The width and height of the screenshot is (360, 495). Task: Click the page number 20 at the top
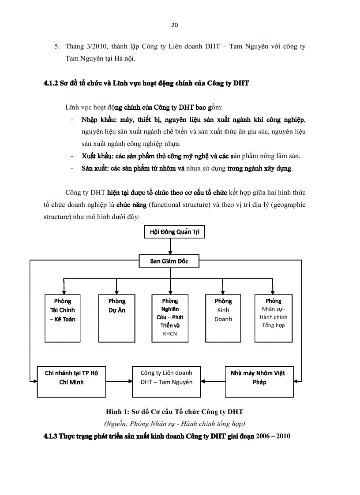tap(174, 25)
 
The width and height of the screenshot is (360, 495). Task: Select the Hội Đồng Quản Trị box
tap(175, 232)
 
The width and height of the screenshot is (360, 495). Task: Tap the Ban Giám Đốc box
tap(169, 261)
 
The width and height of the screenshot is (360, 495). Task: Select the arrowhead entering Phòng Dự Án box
tap(116, 292)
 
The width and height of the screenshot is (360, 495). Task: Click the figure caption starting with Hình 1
tap(174, 412)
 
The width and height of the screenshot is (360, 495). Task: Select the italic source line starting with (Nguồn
tap(174, 424)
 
